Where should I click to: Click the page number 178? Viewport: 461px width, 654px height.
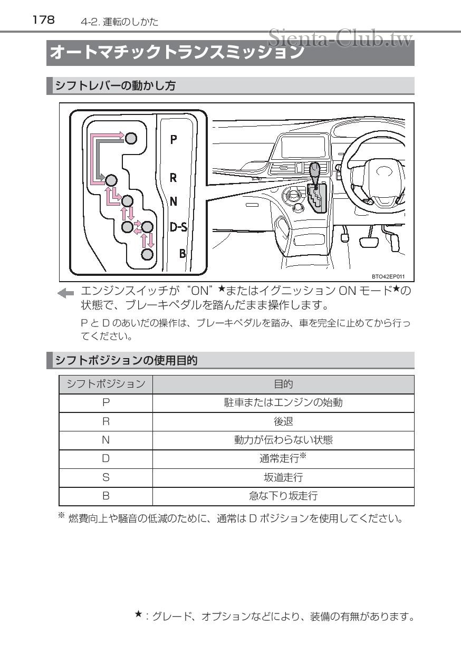[x=43, y=20]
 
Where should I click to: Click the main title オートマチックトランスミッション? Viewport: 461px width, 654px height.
[x=177, y=53]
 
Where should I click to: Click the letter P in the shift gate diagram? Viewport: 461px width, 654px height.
[x=173, y=140]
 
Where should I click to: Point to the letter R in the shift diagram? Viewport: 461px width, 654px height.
[x=173, y=178]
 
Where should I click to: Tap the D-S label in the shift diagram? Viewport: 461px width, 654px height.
[x=178, y=227]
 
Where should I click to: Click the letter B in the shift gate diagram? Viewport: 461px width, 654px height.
[x=183, y=254]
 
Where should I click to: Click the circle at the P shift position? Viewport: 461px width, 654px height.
[x=131, y=138]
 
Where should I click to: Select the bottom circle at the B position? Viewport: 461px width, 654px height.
[x=148, y=255]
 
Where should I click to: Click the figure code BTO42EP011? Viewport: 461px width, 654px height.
[x=388, y=276]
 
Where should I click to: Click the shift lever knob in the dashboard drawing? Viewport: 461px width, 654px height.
[x=315, y=172]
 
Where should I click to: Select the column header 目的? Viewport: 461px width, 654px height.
[x=283, y=384]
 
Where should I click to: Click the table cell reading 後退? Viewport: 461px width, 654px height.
[x=283, y=421]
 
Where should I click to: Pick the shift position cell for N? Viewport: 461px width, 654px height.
[x=105, y=440]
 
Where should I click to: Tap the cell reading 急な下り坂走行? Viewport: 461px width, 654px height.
[x=283, y=496]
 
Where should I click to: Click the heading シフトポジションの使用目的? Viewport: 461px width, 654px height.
[x=127, y=361]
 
